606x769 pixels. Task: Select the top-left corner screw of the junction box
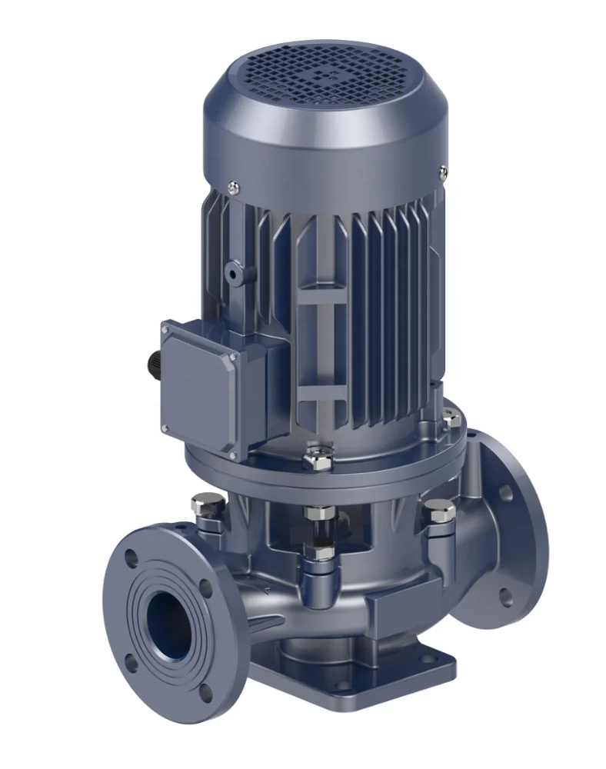click(165, 330)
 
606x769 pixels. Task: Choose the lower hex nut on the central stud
click(318, 551)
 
